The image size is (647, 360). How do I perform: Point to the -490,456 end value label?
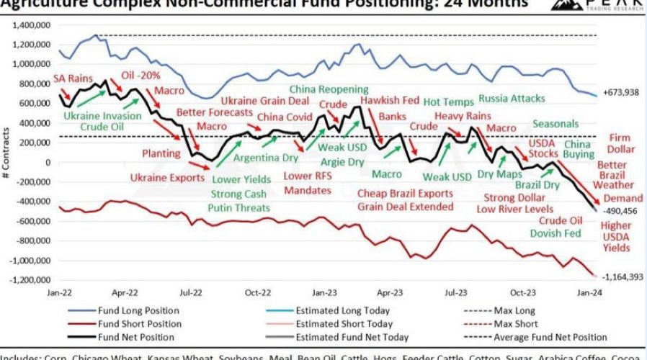pyautogui.click(x=620, y=212)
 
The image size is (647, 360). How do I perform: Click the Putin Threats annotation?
pyautogui.click(x=240, y=207)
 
